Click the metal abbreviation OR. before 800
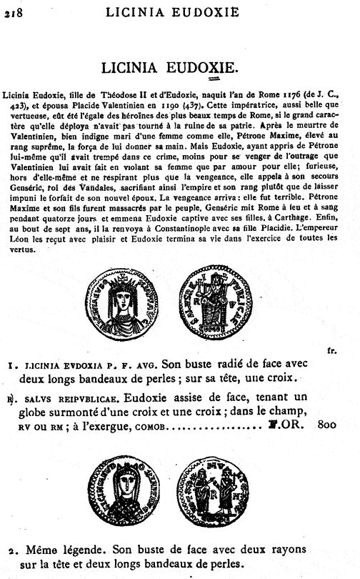[x=294, y=424]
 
